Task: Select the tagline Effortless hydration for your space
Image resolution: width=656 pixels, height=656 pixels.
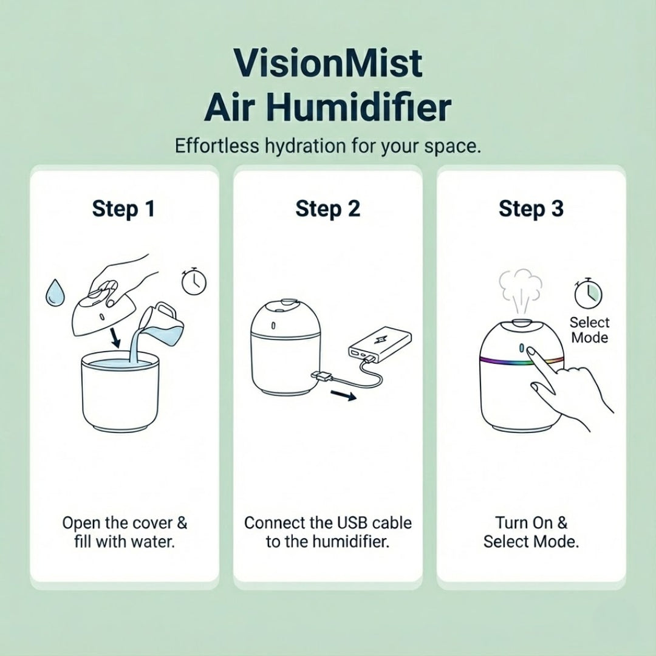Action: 328,146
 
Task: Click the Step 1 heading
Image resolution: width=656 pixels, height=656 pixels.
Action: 124,209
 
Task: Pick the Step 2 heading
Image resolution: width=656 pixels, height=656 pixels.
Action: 328,209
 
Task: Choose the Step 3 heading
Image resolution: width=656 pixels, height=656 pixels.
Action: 531,209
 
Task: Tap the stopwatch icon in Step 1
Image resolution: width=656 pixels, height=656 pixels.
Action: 194,281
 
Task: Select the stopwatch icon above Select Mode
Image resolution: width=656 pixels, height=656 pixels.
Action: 588,293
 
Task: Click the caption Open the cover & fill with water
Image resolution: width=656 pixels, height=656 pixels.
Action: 125,532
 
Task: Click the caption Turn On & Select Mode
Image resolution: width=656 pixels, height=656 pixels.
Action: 531,532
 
